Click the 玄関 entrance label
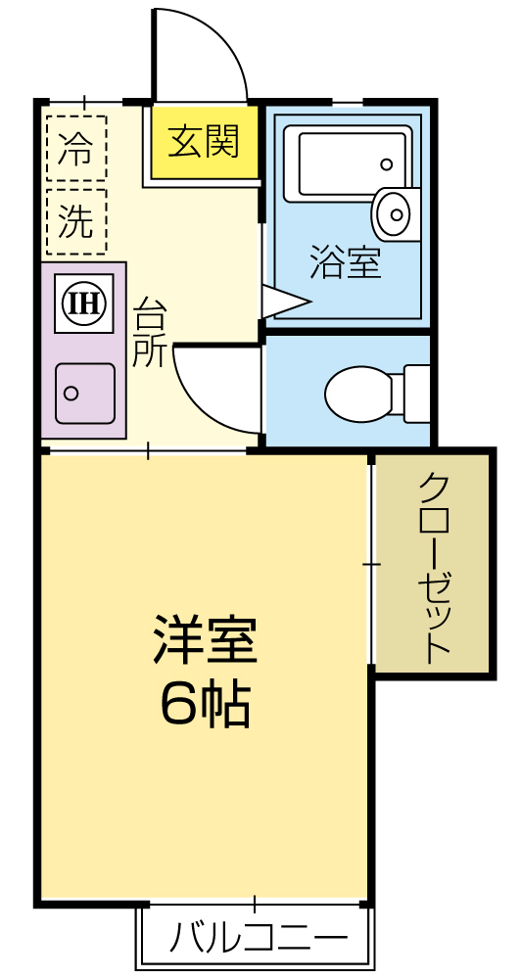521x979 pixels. point(204,143)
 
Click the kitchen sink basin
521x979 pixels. point(84,393)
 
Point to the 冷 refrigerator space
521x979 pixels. point(75,149)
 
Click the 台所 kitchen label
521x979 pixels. point(150,333)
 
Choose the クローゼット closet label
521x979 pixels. point(434,567)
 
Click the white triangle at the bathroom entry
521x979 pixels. point(281,301)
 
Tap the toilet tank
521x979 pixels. point(417,394)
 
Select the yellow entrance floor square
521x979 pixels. point(204,143)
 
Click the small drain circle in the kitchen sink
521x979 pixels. point(71,394)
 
